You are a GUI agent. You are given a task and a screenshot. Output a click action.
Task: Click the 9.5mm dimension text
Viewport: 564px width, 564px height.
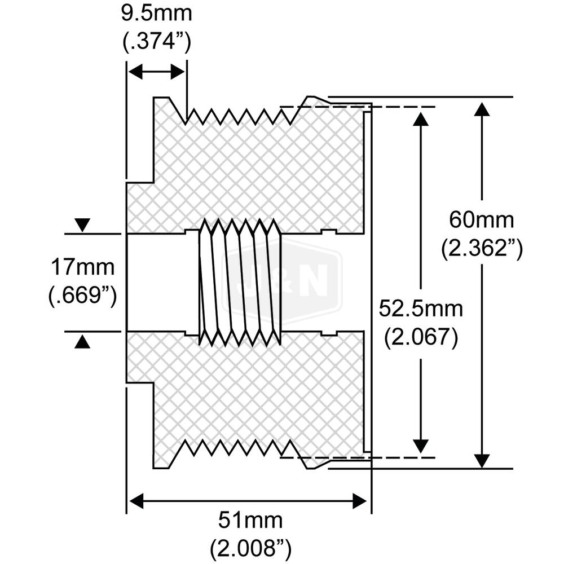pyautogui.click(x=157, y=13)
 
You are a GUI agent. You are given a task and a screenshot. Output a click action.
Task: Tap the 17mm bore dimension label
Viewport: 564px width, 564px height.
pyautogui.click(x=83, y=265)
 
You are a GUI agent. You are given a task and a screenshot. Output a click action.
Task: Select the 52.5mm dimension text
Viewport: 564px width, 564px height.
pyautogui.click(x=421, y=309)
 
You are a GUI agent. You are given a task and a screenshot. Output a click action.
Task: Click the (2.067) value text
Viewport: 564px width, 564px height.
pyautogui.click(x=421, y=337)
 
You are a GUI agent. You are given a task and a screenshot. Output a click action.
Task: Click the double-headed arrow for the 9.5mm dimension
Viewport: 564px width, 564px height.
pyautogui.click(x=157, y=72)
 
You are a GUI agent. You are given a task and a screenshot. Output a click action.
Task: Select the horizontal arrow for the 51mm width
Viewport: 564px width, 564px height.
pyautogui.click(x=248, y=500)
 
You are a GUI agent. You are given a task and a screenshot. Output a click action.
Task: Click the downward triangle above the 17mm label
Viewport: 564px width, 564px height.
pyautogui.click(x=83, y=225)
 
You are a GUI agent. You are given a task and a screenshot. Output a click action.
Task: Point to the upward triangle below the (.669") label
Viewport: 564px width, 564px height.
pyautogui.click(x=83, y=341)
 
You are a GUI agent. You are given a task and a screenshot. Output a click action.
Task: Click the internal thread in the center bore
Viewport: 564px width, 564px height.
pyautogui.click(x=240, y=282)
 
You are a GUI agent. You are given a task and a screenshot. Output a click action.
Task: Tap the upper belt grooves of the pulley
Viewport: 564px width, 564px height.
pyautogui.click(x=240, y=116)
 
